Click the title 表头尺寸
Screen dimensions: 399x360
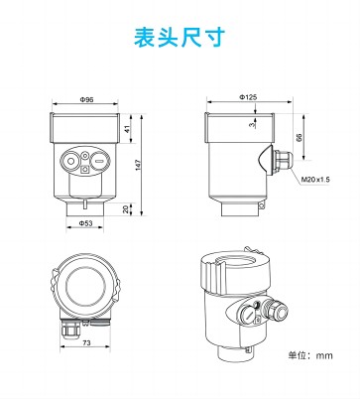click(180, 37)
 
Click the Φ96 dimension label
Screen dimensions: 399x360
click(86, 100)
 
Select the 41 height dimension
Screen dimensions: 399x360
click(127, 129)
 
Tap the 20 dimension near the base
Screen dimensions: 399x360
click(126, 210)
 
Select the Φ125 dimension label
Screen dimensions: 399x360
click(248, 97)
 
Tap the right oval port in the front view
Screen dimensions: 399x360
click(99, 158)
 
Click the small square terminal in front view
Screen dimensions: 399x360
click(85, 170)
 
